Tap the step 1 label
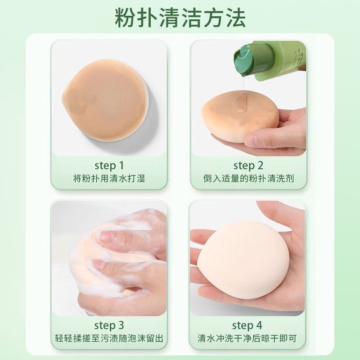pyautogui.click(x=109, y=165)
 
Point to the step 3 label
pyautogui.click(x=109, y=325)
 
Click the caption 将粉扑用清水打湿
pyautogui.click(x=109, y=178)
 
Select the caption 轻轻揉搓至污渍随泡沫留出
pyautogui.click(x=109, y=338)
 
